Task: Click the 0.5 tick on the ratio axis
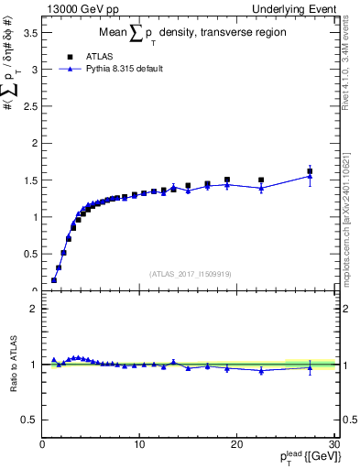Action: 29,420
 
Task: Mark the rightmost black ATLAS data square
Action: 310,171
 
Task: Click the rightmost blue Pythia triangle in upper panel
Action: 310,176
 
